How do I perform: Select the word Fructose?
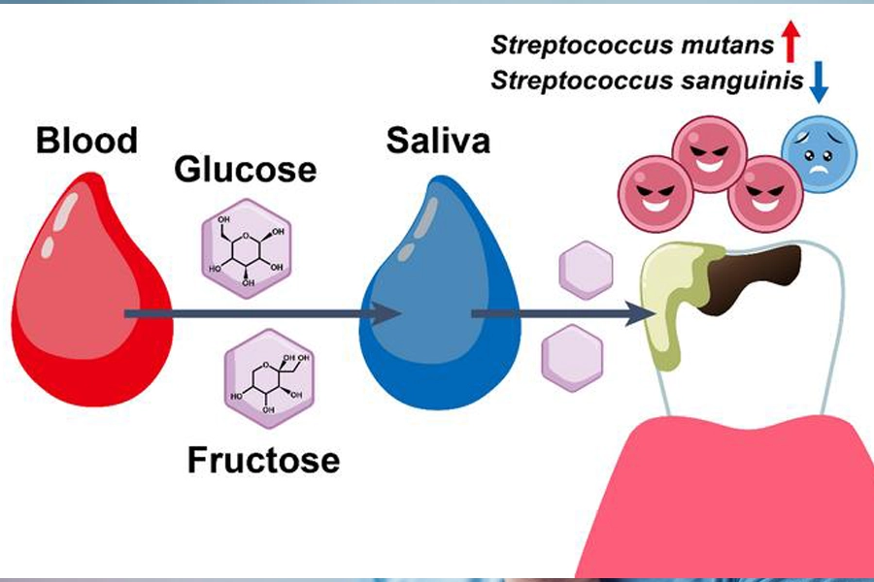(x=263, y=459)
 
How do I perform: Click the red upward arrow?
(x=790, y=43)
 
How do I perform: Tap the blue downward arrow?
(x=819, y=81)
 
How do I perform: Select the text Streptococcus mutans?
(x=632, y=45)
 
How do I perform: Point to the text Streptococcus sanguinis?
(x=647, y=81)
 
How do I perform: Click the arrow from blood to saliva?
(x=262, y=313)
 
